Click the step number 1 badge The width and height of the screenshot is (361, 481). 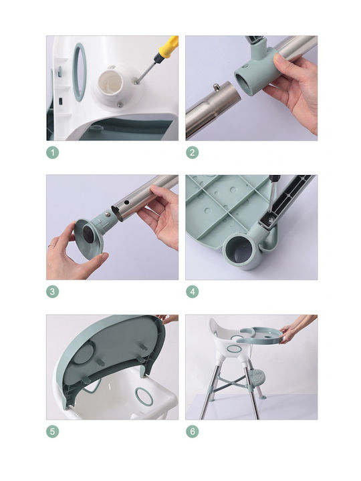53,152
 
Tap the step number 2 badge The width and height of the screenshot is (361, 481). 193,152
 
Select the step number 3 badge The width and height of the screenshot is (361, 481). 53,291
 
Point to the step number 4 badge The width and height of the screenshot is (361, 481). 193,291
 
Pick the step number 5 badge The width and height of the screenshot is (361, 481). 53,432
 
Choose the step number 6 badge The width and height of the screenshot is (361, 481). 193,432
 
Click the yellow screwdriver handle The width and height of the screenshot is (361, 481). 169,47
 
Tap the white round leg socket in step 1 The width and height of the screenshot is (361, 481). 110,84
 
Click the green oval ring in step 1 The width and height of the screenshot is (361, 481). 79,72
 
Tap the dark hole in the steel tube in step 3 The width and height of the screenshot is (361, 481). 126,203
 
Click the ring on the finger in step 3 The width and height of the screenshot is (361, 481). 52,246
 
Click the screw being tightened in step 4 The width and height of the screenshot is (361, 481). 271,218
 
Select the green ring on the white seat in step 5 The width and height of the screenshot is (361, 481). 144,396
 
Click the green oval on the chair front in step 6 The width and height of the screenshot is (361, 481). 234,349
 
